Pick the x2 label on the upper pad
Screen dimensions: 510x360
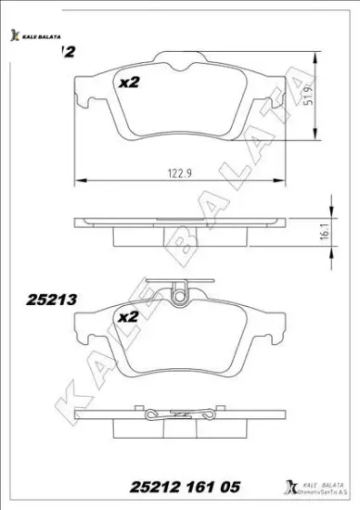pyautogui.click(x=128, y=83)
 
